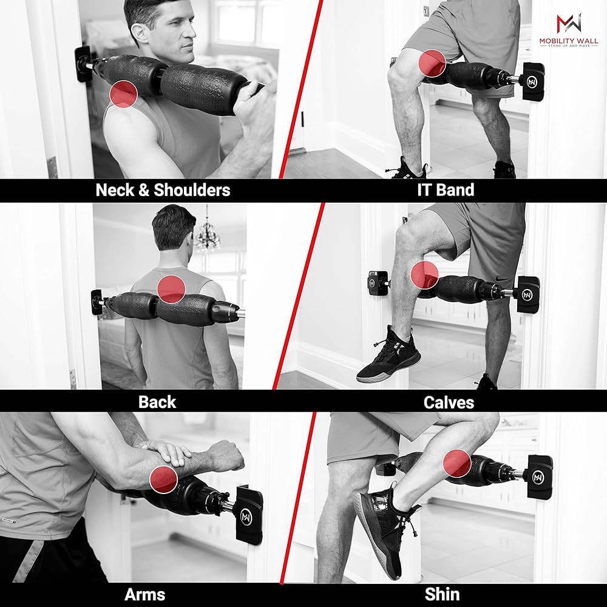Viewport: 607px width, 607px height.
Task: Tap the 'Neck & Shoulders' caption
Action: click(x=163, y=190)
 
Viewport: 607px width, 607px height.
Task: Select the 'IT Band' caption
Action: click(x=446, y=190)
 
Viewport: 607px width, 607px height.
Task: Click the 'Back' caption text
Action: click(x=157, y=402)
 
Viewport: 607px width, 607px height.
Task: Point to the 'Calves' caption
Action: click(x=449, y=402)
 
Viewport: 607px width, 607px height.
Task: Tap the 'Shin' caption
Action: click(x=442, y=594)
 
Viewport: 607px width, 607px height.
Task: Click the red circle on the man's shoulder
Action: click(x=124, y=93)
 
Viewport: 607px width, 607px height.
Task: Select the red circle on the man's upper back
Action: click(x=171, y=288)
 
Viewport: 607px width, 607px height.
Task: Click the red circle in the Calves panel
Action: click(x=424, y=275)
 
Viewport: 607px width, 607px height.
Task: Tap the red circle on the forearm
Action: click(x=163, y=480)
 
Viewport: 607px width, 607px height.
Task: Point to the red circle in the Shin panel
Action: click(x=457, y=464)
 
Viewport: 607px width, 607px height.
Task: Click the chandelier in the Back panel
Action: click(x=208, y=236)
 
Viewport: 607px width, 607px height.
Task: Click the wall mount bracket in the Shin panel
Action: click(x=540, y=476)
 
